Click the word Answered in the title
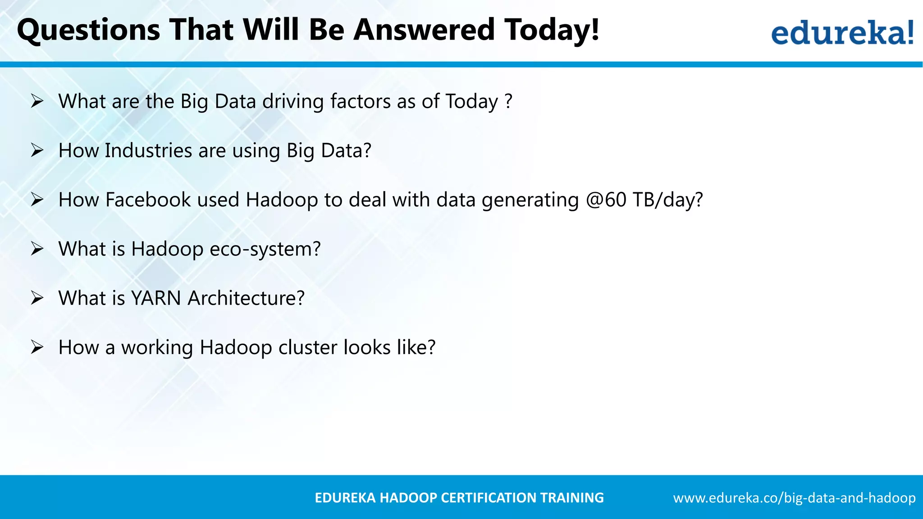[424, 30]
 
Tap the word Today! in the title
[552, 30]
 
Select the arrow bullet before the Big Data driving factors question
[37, 101]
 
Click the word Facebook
[148, 200]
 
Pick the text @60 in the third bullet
[606, 200]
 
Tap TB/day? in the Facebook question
[667, 200]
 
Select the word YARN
[155, 298]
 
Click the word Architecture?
[246, 298]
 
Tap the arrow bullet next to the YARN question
[37, 298]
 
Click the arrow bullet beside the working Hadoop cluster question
[37, 347]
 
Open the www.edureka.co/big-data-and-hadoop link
[794, 498]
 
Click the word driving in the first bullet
[293, 101]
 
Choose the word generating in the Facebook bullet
[530, 200]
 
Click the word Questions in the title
[88, 30]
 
